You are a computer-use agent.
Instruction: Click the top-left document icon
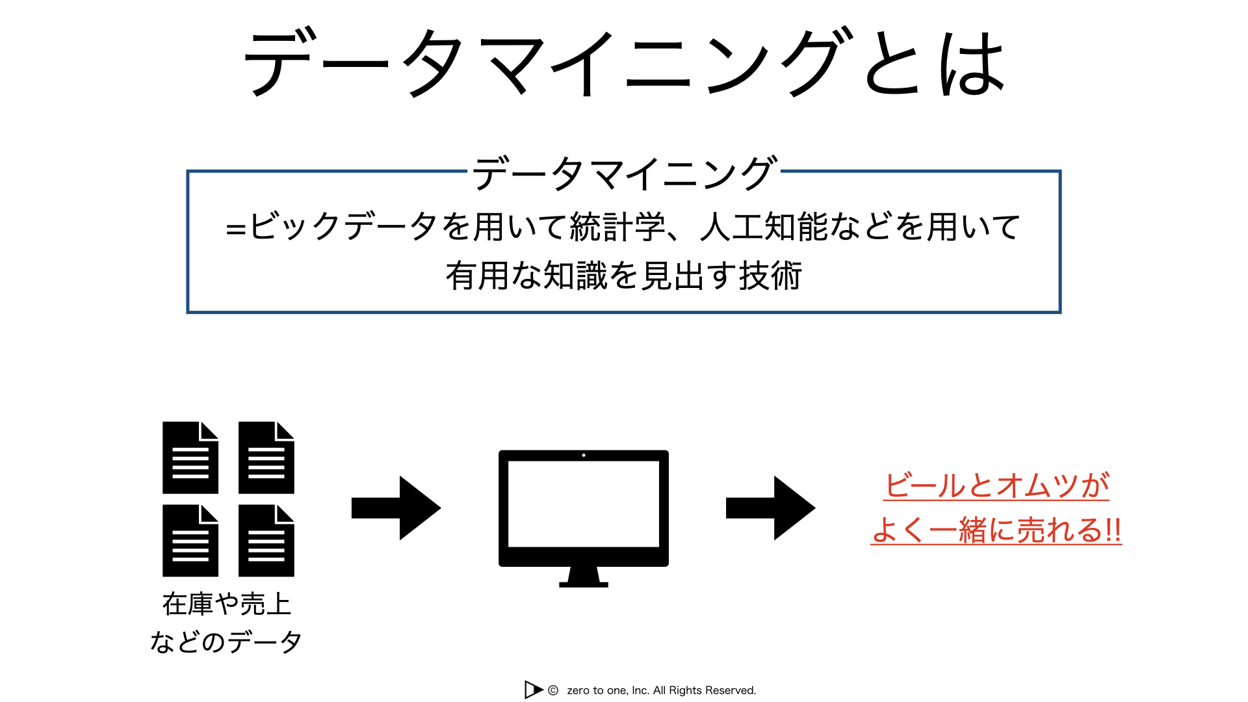click(190, 458)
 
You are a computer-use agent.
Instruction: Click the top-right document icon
click(266, 458)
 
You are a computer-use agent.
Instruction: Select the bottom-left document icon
click(190, 540)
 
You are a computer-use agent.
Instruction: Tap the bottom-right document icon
click(266, 540)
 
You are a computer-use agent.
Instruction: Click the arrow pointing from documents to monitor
click(396, 508)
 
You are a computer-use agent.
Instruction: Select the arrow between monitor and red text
click(770, 508)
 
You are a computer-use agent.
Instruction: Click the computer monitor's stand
click(584, 577)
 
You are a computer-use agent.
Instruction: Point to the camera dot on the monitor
click(584, 455)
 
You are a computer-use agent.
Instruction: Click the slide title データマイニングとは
click(624, 63)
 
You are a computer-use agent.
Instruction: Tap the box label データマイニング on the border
click(624, 173)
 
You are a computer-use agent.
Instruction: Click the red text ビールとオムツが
click(996, 485)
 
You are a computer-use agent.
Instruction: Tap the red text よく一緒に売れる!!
click(996, 529)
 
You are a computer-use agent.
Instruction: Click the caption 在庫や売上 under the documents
click(226, 604)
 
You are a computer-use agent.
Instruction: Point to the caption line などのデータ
click(226, 642)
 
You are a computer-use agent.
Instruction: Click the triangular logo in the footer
click(533, 690)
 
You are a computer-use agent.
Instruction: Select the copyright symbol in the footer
click(553, 690)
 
